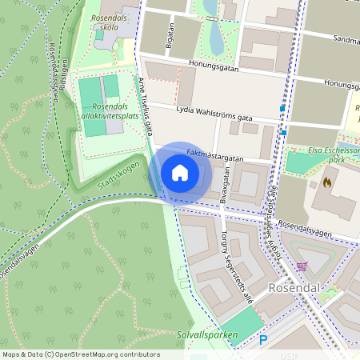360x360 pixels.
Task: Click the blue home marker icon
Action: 180,172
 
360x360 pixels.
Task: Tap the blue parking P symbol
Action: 262,341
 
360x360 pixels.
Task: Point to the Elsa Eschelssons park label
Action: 333,154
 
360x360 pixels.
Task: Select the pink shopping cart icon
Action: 302,266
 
